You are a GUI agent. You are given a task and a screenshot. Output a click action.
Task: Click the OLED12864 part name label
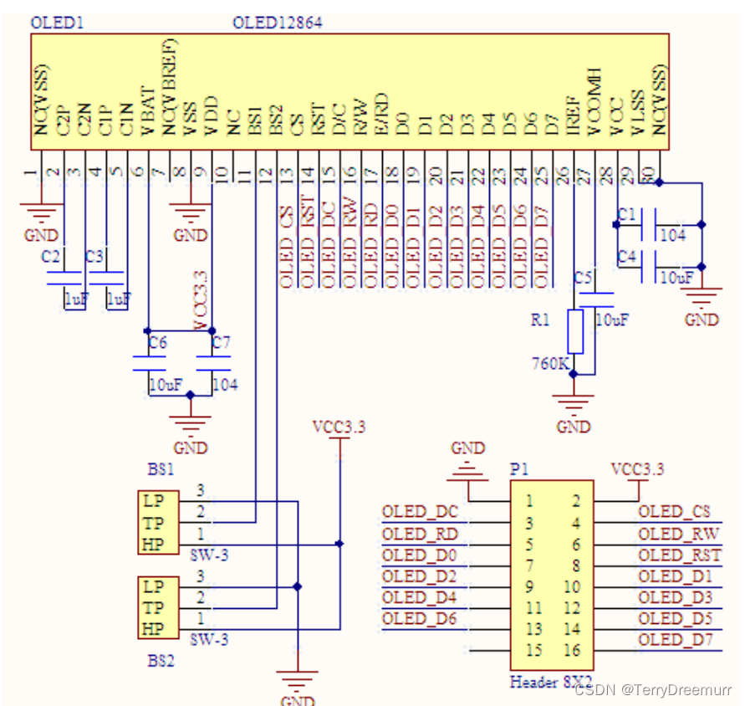277,23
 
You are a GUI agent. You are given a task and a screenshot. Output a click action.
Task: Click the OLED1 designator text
57,23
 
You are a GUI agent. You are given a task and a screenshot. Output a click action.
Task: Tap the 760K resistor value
550,364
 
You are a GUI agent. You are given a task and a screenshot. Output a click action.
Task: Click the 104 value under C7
224,385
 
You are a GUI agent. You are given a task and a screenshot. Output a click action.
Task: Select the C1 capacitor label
626,215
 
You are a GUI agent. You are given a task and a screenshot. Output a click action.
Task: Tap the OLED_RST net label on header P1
679,555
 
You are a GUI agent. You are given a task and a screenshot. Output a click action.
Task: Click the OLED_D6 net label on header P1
419,618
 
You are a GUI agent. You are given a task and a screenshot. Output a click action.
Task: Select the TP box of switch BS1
154,524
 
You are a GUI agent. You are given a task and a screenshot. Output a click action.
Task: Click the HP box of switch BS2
154,629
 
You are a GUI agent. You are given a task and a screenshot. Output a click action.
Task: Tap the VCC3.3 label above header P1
637,469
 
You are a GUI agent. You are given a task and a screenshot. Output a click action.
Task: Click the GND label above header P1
467,448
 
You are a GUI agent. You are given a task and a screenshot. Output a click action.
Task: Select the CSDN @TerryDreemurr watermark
655,690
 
